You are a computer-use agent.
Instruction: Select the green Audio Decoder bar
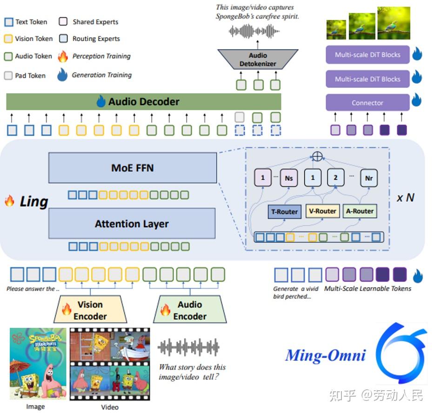pyautogui.click(x=144, y=102)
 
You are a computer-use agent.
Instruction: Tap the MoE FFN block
pyautogui.click(x=133, y=168)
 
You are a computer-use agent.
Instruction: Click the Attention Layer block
pyautogui.click(x=132, y=224)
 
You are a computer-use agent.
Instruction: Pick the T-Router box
pyautogui.click(x=284, y=211)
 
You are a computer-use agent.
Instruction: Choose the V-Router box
pyautogui.click(x=323, y=211)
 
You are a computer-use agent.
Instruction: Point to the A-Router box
pyautogui.click(x=360, y=211)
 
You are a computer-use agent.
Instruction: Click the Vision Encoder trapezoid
pyautogui.click(x=90, y=311)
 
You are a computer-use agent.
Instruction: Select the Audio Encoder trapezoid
pyautogui.click(x=190, y=311)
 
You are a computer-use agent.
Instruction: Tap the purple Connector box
pyautogui.click(x=367, y=103)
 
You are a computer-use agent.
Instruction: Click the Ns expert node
pyautogui.click(x=289, y=178)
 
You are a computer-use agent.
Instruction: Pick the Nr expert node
pyautogui.click(x=369, y=178)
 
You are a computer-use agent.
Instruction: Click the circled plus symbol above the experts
pyautogui.click(x=317, y=156)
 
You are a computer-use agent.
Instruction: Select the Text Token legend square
pyautogui.click(x=8, y=22)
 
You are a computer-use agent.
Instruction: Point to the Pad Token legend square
pyautogui.click(x=8, y=75)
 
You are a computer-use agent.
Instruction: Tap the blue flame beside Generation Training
pyautogui.click(x=62, y=74)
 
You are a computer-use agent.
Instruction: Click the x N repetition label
pyautogui.click(x=405, y=197)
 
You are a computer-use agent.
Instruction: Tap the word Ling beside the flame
pyautogui.click(x=33, y=202)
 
